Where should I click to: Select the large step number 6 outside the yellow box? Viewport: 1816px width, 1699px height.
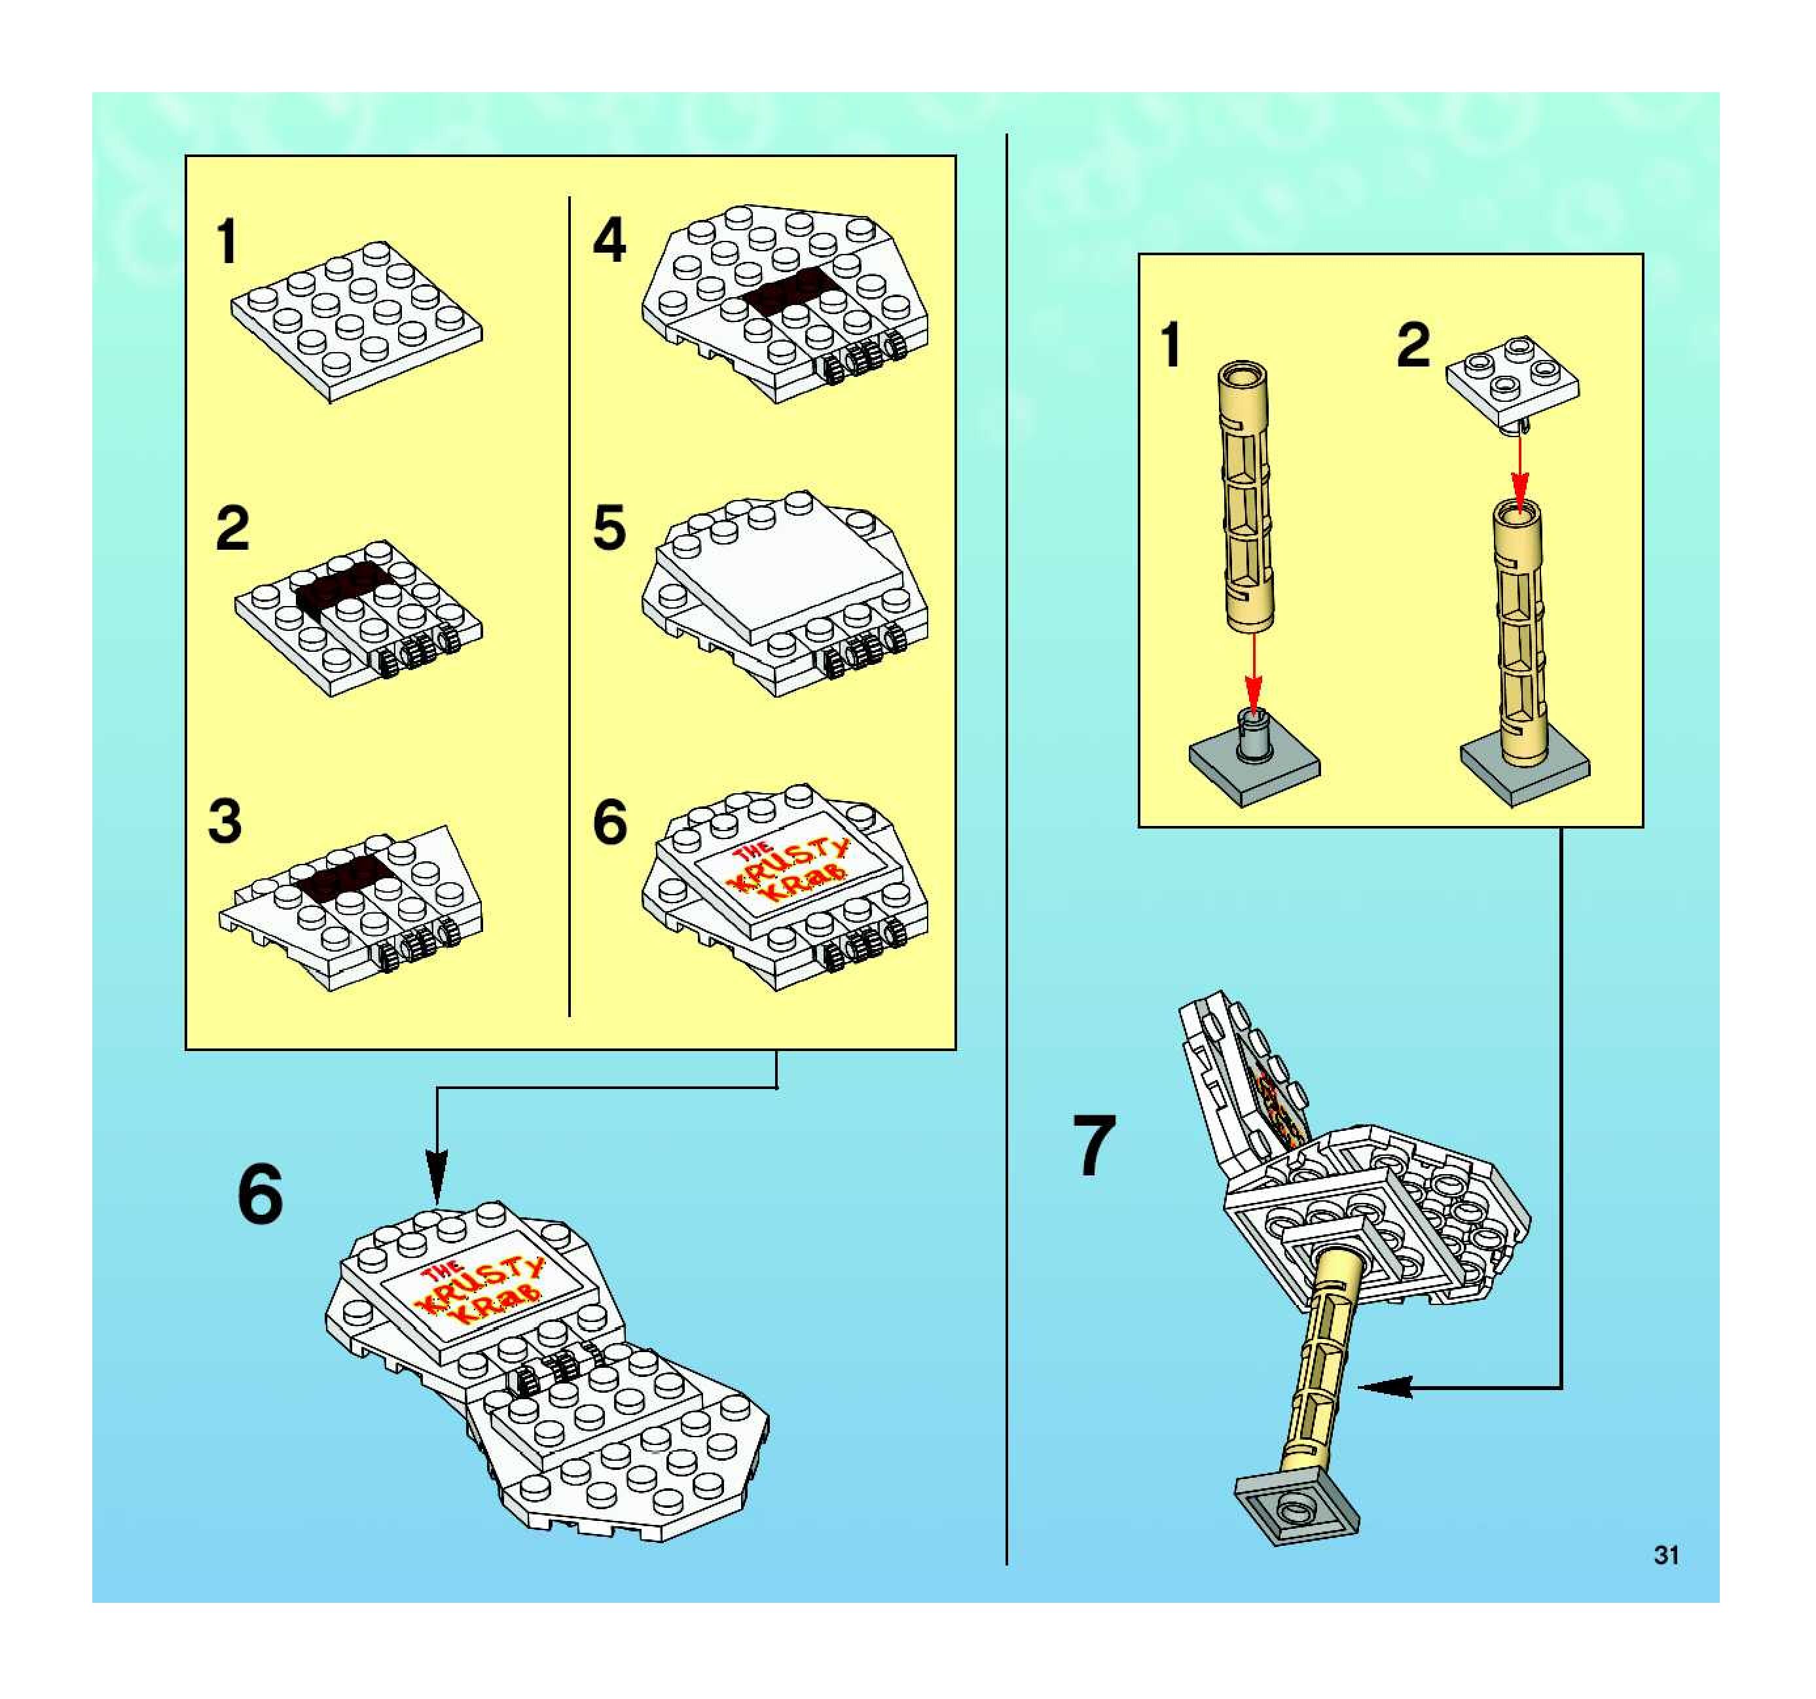tap(261, 1195)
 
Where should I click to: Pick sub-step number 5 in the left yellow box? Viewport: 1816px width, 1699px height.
tap(609, 528)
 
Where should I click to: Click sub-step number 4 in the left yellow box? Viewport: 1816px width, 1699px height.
tap(610, 240)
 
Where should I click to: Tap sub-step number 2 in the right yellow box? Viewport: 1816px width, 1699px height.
tap(1413, 346)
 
